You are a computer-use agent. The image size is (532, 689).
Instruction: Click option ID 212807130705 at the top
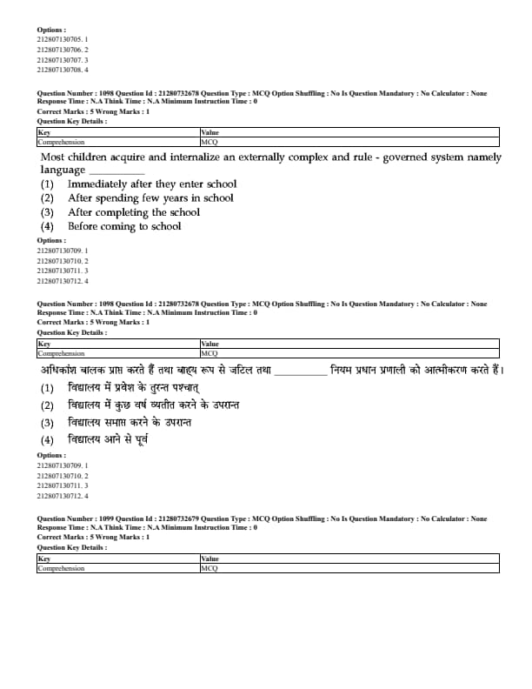[62, 39]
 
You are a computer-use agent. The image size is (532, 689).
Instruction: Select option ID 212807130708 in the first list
[62, 70]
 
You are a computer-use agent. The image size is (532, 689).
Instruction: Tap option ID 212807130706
[62, 50]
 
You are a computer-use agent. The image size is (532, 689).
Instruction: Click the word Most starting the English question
[53, 157]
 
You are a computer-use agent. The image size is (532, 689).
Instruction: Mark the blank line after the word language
[116, 172]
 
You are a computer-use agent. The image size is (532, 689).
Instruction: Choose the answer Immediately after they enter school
[151, 184]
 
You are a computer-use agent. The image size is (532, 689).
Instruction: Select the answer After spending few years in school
[150, 198]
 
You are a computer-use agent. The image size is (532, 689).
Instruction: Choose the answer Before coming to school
[124, 226]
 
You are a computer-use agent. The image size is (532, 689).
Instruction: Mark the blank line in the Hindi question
[302, 372]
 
